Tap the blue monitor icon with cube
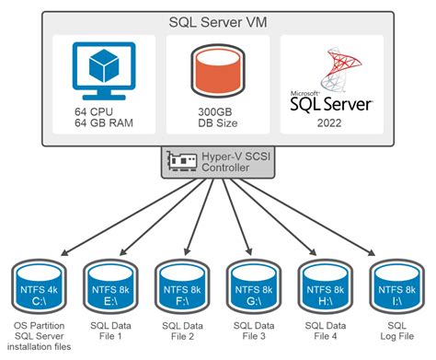pos(101,71)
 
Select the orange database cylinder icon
pos(218,72)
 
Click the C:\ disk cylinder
pos(39,286)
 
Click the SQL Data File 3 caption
pos(254,332)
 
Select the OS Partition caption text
pos(40,326)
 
